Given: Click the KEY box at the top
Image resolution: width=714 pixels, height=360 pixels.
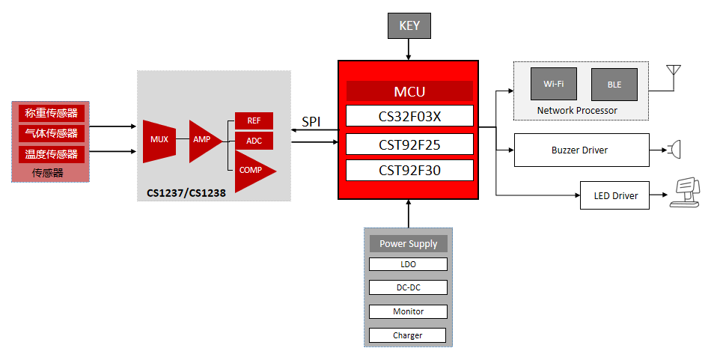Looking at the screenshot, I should point(409,26).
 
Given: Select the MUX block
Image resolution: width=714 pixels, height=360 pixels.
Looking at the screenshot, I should point(159,140).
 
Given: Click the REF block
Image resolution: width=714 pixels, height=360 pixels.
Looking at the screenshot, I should point(254,120).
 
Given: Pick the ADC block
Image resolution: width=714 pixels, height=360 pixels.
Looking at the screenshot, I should point(254,141).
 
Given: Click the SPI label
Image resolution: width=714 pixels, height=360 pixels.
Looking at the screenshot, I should point(312,122).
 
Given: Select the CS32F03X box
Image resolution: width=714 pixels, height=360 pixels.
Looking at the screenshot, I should point(409,116).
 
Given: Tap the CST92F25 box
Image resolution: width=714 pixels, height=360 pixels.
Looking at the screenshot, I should point(409,143).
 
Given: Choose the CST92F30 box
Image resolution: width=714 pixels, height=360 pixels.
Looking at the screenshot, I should point(409,170).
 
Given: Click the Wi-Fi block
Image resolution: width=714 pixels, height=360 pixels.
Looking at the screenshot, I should point(553,85).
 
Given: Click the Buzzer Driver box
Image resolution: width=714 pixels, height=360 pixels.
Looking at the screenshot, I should point(581,150).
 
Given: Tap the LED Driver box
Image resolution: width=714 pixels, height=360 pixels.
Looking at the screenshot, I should point(615,195).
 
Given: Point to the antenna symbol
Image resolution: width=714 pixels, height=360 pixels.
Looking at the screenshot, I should point(673,73).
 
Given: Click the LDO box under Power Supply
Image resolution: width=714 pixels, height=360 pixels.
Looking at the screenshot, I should point(408,264).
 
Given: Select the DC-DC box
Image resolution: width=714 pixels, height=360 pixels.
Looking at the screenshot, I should point(408,287).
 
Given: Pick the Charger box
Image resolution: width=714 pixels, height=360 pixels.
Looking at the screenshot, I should point(408,335).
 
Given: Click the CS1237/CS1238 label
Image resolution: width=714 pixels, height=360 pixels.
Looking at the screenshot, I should point(186,193).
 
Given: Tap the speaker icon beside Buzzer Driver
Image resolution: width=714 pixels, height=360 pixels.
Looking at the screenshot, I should point(675,150).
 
